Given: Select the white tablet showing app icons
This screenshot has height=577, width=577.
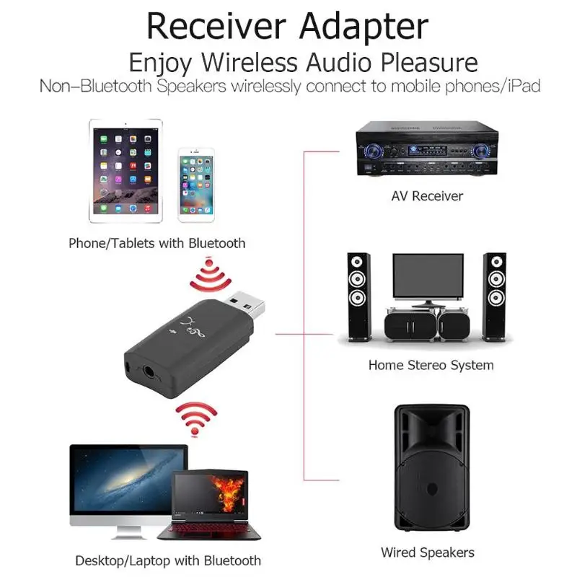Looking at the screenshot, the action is point(126,172).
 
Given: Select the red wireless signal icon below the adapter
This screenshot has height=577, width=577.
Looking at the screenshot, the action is point(196,418).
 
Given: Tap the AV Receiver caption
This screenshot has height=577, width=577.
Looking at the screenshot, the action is point(427,196).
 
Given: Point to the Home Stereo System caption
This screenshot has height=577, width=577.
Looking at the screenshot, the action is point(431,365).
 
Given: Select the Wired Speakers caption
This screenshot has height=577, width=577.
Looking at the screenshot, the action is point(428,553).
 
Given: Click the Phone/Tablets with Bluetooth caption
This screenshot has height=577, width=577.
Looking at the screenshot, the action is point(157,243).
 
